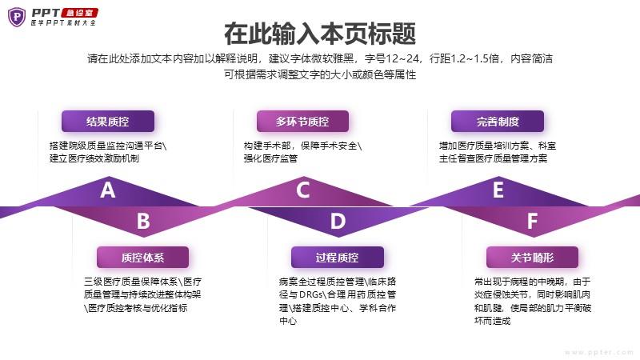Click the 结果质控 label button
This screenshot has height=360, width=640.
click(108, 122)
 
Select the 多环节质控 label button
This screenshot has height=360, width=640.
click(302, 122)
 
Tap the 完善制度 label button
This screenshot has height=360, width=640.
click(498, 122)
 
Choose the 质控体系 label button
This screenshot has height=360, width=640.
click(143, 257)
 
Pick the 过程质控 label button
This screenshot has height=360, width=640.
click(338, 257)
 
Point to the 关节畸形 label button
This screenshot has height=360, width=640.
click(532, 257)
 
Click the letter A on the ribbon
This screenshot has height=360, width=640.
click(108, 190)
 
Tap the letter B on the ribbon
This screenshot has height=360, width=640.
click(143, 222)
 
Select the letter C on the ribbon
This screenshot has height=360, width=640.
click(303, 190)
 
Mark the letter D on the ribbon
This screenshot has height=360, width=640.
click(338, 222)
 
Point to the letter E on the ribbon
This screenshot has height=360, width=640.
click(498, 190)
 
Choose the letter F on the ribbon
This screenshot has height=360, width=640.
click(532, 222)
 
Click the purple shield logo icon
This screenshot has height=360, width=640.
click(17, 17)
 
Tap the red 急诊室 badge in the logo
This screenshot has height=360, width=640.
click(79, 13)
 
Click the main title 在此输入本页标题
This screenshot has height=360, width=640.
click(320, 34)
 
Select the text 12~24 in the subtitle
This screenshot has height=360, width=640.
click(403, 58)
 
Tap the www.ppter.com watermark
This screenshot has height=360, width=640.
click(598, 352)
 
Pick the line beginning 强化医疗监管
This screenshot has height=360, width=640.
click(270, 158)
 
